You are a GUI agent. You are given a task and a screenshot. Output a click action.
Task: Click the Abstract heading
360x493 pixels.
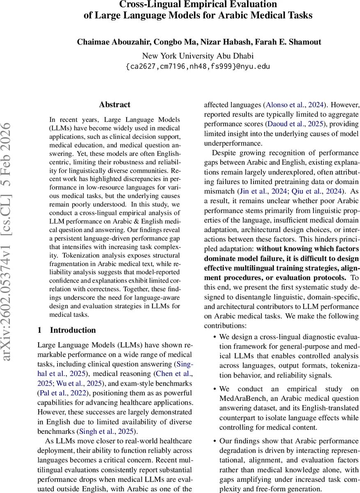click(x=115, y=105)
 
